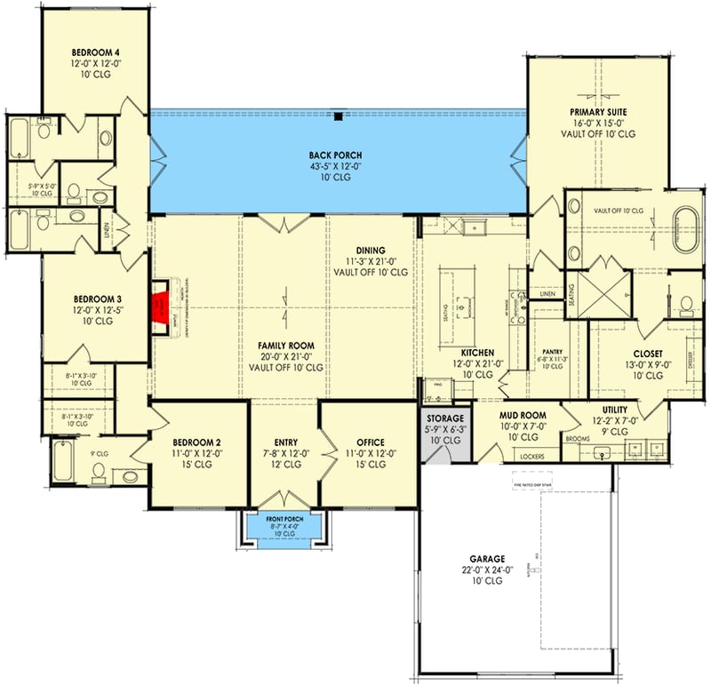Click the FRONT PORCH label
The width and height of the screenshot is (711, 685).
[x=284, y=518]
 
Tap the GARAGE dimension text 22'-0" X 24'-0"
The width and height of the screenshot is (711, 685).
[x=483, y=570]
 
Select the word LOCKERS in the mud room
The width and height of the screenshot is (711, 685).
[x=532, y=457]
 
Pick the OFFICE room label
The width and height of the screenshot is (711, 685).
[x=370, y=442]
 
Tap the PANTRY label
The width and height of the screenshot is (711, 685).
[x=553, y=351]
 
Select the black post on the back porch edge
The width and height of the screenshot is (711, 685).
[x=339, y=115]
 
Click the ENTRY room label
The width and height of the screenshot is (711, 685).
[x=285, y=442]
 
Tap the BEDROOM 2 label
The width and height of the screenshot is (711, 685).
[x=196, y=442]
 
